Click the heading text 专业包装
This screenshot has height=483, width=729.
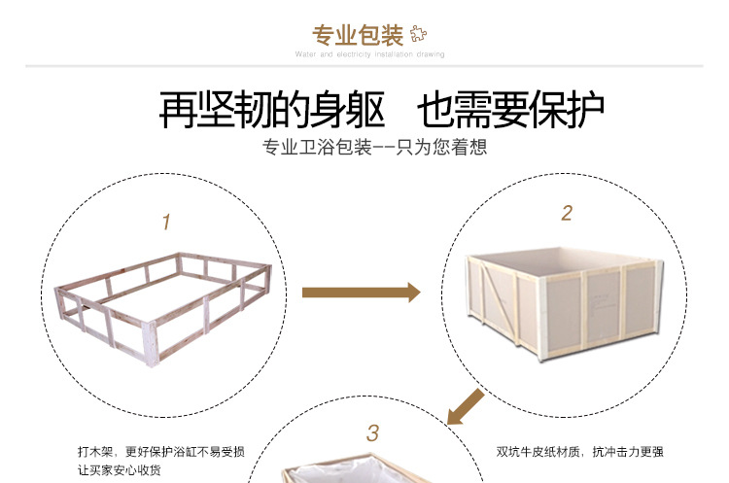tap(357, 36)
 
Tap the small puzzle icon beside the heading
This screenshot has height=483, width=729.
tap(418, 34)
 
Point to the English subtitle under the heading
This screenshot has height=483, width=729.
tap(369, 55)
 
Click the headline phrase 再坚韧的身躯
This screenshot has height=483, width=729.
tap(272, 110)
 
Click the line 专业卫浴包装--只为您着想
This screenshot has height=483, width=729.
tap(374, 149)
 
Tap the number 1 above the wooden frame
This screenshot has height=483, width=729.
tap(166, 223)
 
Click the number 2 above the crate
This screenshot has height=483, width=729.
tap(567, 213)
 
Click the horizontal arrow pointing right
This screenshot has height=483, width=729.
tap(360, 292)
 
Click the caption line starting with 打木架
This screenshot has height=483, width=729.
tap(160, 452)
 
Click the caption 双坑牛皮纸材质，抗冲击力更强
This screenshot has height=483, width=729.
tap(579, 452)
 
